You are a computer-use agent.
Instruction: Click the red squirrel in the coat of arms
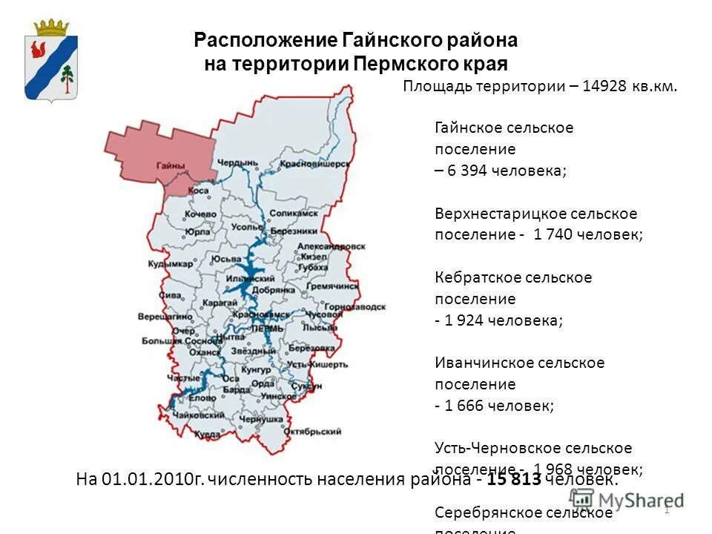(38, 51)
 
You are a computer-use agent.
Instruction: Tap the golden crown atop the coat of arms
(52, 28)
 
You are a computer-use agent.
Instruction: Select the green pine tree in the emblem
(67, 77)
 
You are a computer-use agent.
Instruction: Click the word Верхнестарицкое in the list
(492, 214)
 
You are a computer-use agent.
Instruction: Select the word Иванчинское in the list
(480, 363)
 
